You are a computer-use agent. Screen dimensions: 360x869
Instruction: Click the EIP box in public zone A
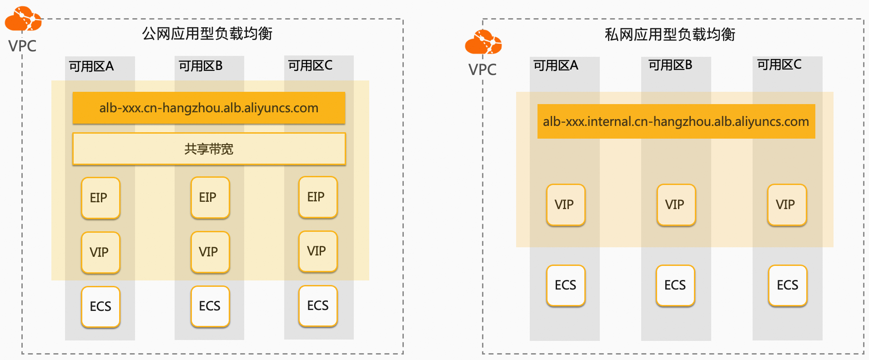[x=100, y=198]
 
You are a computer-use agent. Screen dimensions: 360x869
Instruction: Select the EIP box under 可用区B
[x=210, y=197]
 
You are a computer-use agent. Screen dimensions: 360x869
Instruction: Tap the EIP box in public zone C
[x=318, y=197]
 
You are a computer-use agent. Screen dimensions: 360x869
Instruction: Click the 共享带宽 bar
[x=209, y=149]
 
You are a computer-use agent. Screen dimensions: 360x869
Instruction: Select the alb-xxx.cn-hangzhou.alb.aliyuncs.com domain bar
[x=209, y=108]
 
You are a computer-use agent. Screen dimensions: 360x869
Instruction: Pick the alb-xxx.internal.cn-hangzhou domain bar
[x=676, y=121]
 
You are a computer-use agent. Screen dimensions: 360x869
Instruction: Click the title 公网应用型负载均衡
[x=207, y=34]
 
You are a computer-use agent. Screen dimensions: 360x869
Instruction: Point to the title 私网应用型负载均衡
[x=670, y=35]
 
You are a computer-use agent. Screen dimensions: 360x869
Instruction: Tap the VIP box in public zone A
[x=100, y=252]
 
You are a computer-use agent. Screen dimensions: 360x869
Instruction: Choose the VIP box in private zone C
[x=787, y=205]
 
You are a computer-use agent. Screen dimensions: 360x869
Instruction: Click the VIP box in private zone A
[x=566, y=205]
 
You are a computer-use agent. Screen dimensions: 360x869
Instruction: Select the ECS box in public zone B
[x=210, y=306]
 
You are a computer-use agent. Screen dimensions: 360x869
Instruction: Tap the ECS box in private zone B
[x=675, y=285]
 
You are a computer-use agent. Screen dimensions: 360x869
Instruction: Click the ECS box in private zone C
[x=788, y=285]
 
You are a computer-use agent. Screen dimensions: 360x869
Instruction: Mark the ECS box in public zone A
[x=100, y=306]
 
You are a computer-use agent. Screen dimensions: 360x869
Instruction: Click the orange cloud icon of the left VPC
[x=23, y=19]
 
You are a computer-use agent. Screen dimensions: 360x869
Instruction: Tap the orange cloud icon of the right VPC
[x=483, y=42]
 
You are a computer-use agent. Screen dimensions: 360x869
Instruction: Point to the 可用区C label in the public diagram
[x=310, y=65]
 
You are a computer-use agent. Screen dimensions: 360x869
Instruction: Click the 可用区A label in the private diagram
[x=556, y=65]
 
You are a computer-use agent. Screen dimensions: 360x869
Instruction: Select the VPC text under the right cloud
[x=482, y=70]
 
